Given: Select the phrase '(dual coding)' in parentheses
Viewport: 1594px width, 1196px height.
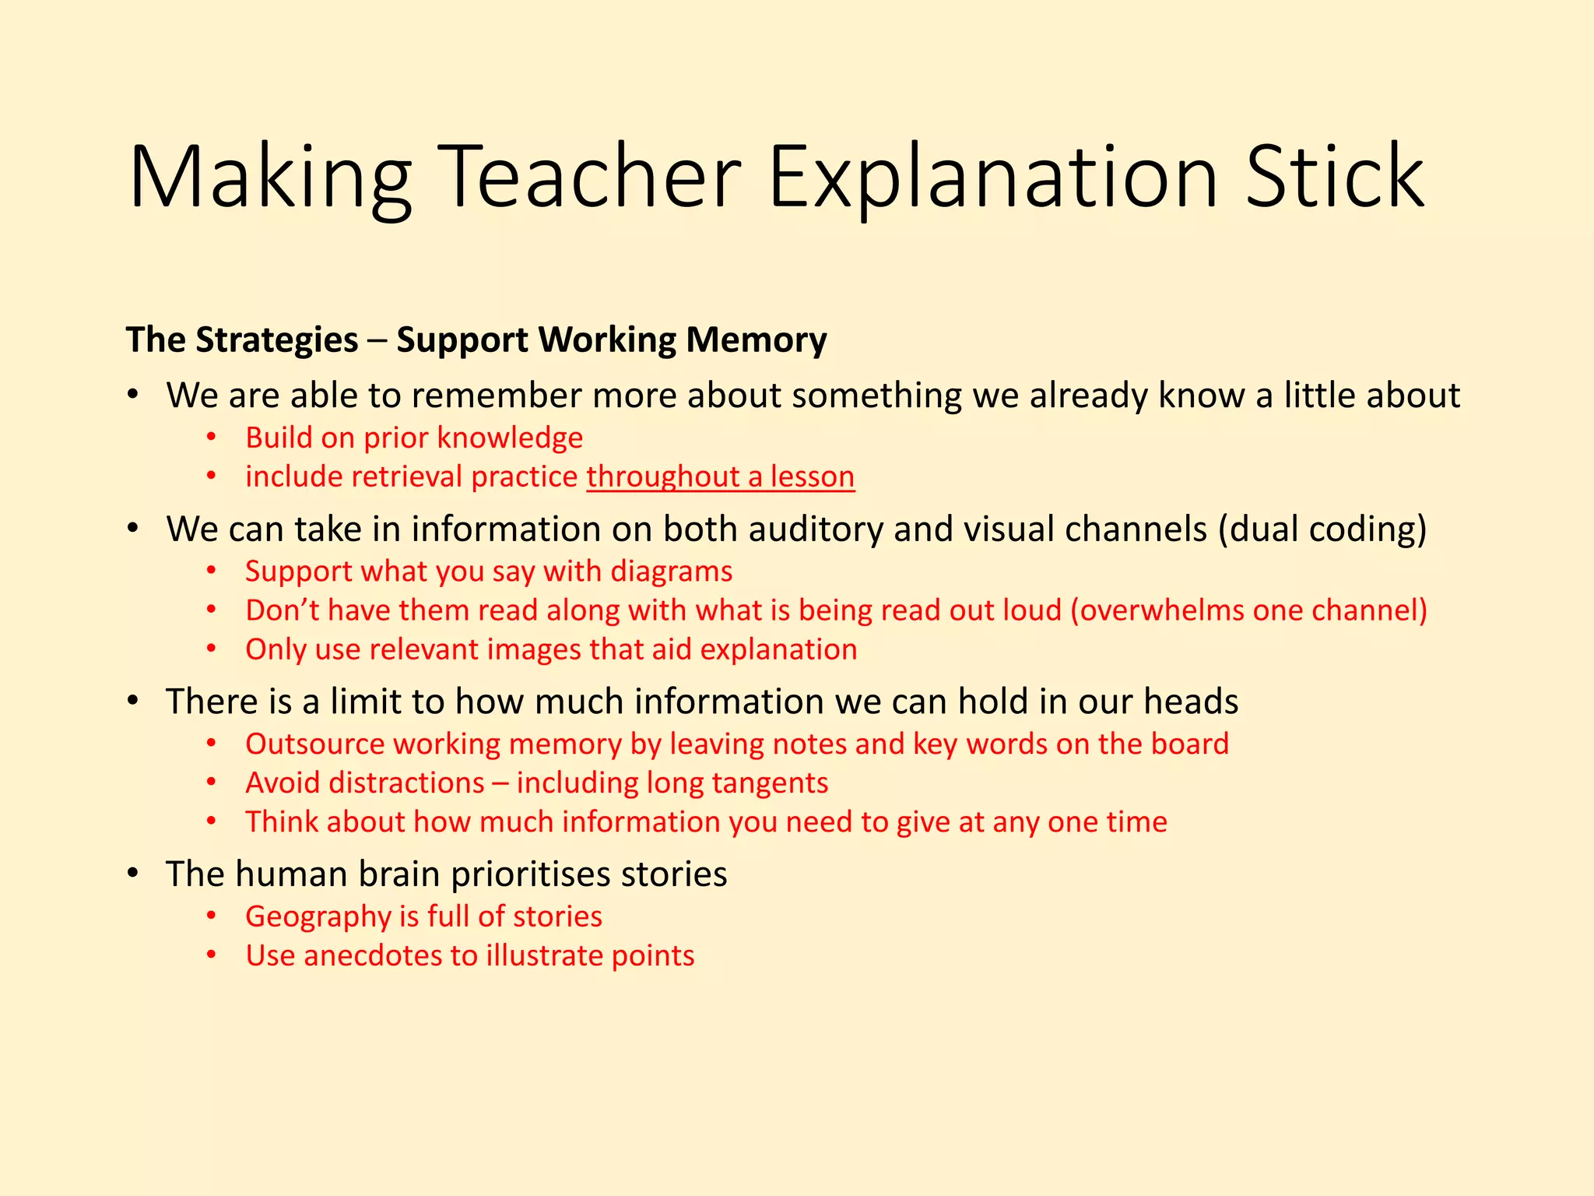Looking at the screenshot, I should tap(1322, 529).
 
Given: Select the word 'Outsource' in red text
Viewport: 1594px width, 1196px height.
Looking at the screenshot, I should tap(315, 744).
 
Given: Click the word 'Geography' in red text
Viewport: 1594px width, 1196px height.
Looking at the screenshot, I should tap(318, 917).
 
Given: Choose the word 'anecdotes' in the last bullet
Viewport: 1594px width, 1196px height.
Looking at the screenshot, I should tap(372, 956).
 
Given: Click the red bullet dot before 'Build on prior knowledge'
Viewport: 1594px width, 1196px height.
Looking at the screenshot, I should tap(211, 438).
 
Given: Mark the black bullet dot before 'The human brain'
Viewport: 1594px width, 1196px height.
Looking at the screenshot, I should tap(134, 873).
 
